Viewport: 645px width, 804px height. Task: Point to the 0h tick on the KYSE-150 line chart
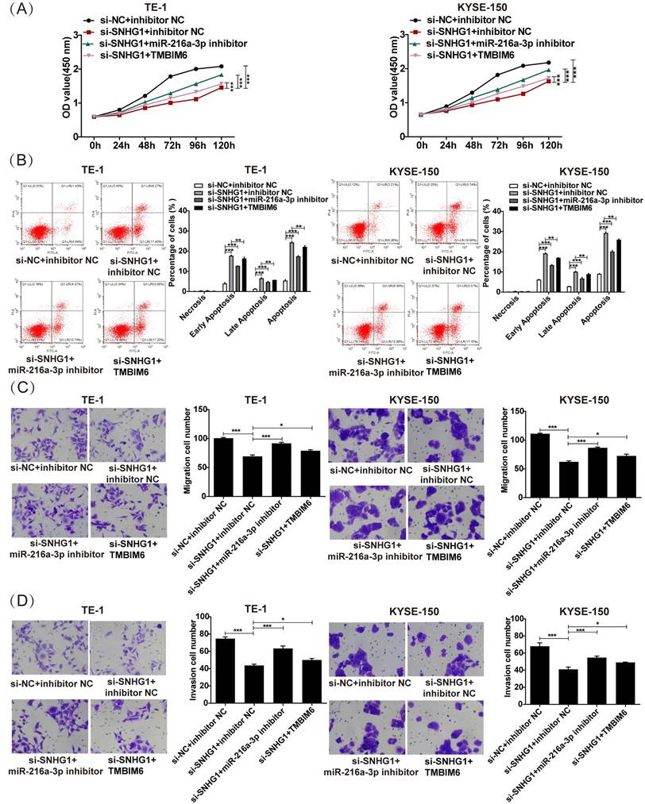[x=421, y=146]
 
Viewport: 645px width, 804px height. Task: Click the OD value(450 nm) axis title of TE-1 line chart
[x=68, y=87]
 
